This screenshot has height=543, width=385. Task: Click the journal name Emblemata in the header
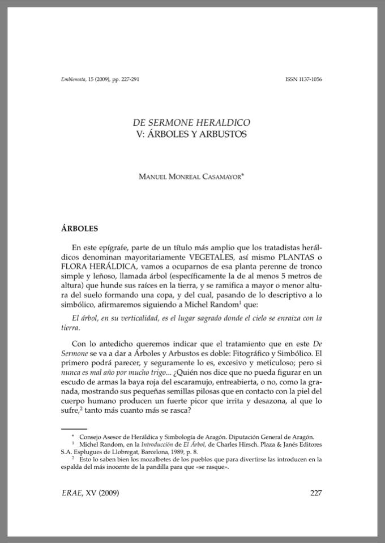pos(72,79)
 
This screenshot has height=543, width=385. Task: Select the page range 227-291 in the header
pos(127,79)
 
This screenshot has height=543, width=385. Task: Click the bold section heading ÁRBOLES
pos(79,229)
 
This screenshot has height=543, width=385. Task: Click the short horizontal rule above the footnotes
pos(74,429)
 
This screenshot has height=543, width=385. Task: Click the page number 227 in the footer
pos(316,493)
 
